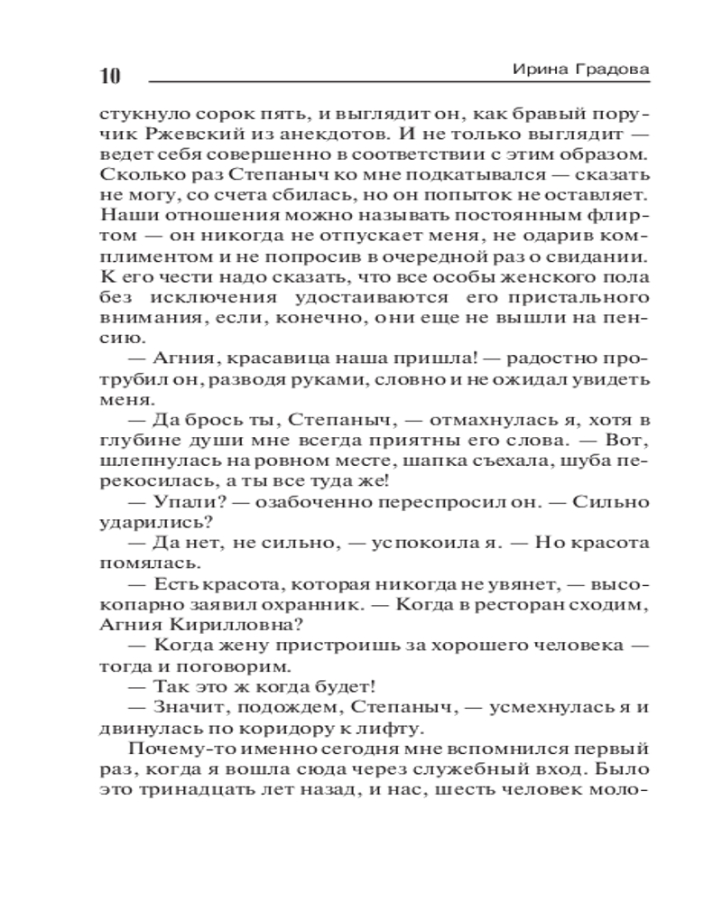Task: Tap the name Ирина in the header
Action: (x=536, y=70)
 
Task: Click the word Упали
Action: (x=185, y=495)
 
